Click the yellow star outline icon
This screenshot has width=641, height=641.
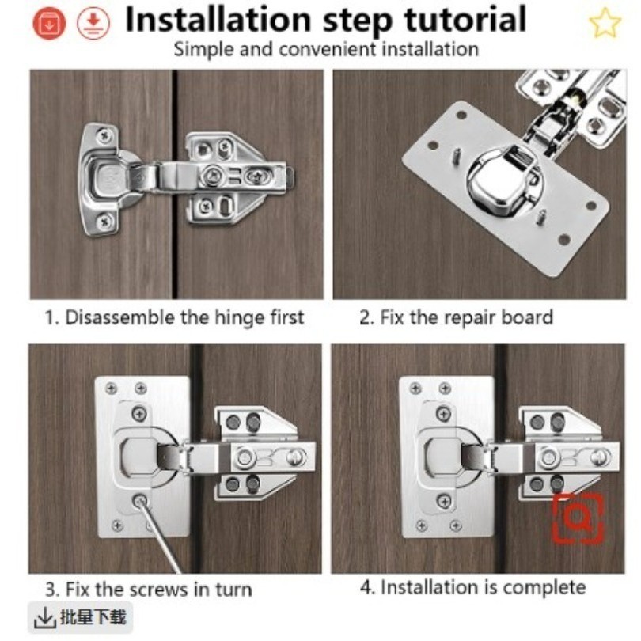(x=605, y=23)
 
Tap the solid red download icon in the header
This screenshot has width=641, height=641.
(x=49, y=23)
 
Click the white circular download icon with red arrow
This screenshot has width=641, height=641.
(x=93, y=23)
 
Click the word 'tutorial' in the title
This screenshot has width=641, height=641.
(x=465, y=19)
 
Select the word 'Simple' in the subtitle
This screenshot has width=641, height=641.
(x=204, y=50)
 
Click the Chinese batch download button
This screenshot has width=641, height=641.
(x=80, y=617)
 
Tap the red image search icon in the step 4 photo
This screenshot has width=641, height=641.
(x=578, y=518)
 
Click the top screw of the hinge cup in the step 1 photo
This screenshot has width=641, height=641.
(x=105, y=135)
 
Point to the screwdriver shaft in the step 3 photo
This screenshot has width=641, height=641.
(x=161, y=538)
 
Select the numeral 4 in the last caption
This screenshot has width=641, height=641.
(x=366, y=587)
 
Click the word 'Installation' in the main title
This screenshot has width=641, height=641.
(x=218, y=19)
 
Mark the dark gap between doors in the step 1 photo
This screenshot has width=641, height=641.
(x=175, y=184)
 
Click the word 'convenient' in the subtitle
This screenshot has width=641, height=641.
(x=327, y=50)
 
